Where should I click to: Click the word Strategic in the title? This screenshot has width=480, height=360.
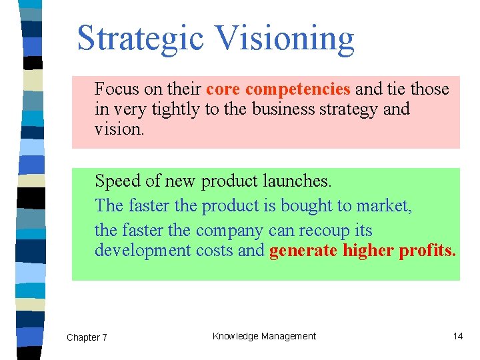140,39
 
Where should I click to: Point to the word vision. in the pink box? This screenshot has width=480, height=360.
119,129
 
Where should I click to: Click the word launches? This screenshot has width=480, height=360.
297,181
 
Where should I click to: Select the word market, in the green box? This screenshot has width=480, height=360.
385,206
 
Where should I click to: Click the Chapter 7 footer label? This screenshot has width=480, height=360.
87,337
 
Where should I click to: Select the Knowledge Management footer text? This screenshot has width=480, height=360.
264,336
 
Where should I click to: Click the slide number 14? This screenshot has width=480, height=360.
458,336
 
